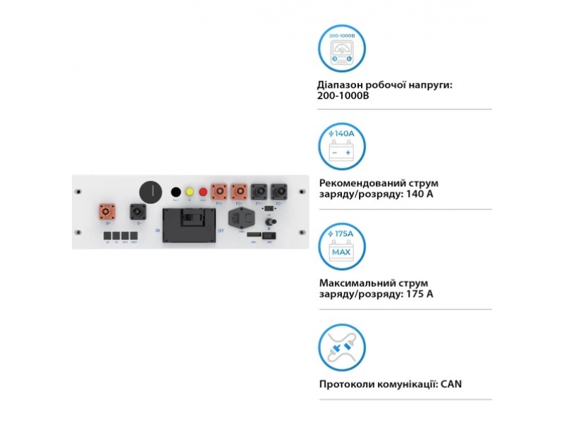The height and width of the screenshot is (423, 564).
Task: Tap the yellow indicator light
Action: tap(189, 192)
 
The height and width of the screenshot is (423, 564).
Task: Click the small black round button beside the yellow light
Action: tap(175, 192)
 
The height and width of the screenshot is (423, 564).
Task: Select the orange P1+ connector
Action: tap(219, 192)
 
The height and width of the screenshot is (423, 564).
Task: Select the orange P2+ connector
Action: tap(239, 192)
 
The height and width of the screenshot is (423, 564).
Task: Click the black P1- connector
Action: tap(259, 192)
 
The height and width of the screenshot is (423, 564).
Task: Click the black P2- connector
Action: tap(278, 192)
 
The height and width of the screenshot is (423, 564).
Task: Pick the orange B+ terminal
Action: tap(106, 211)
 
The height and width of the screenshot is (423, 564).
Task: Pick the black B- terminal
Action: tap(135, 211)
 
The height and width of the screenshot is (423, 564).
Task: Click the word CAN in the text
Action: tap(450, 384)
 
